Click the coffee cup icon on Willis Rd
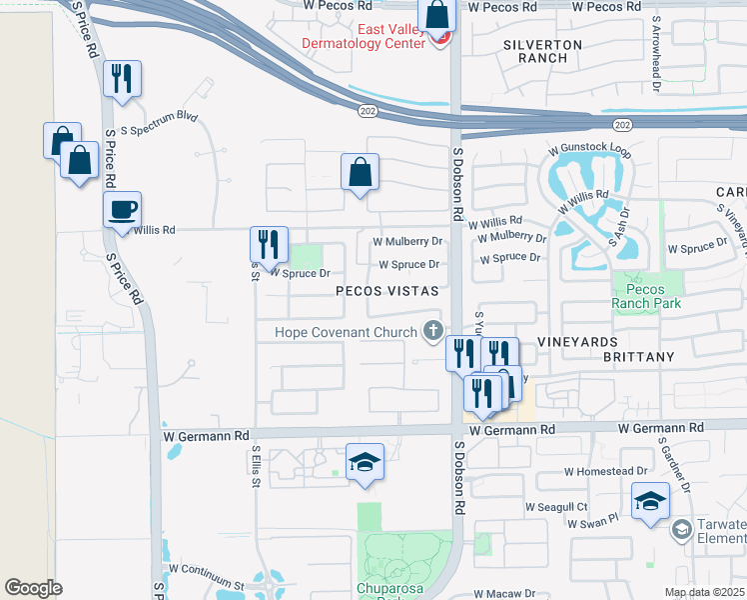pyautogui.click(x=123, y=210)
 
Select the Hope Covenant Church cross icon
pyautogui.click(x=433, y=329)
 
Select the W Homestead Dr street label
pyautogui.click(x=605, y=471)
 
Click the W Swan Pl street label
pyautogui.click(x=593, y=521)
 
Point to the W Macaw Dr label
pyautogui.click(x=504, y=593)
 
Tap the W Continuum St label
pyautogui.click(x=207, y=569)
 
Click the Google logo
pyautogui.click(x=33, y=588)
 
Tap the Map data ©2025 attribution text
pyautogui.click(x=703, y=592)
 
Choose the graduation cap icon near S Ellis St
pyautogui.click(x=365, y=463)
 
